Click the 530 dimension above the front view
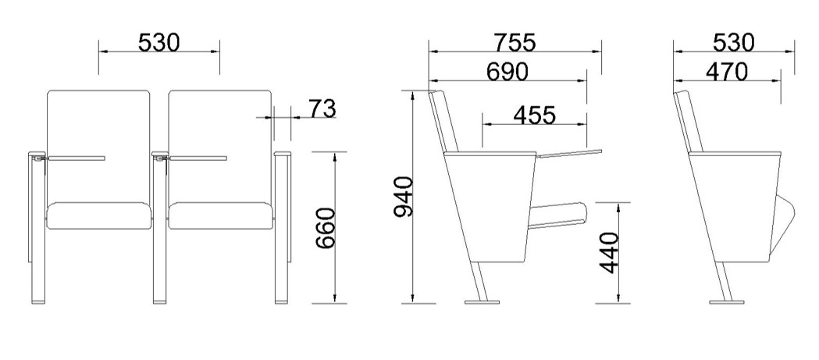(x=158, y=42)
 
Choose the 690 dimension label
(x=507, y=71)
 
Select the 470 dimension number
(x=726, y=71)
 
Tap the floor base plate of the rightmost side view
(x=728, y=301)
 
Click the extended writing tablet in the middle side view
(x=570, y=152)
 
